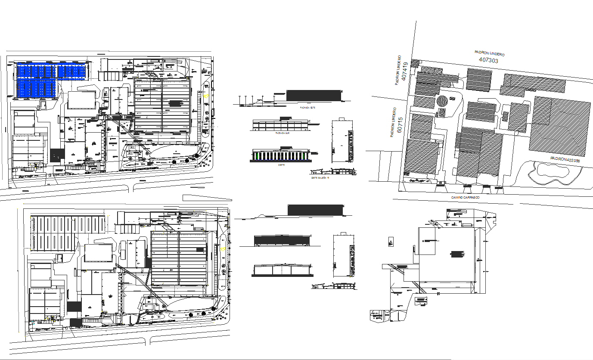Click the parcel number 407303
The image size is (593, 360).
[x=488, y=60]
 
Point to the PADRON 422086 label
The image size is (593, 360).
[x=565, y=159]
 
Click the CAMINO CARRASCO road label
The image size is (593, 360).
[x=465, y=197]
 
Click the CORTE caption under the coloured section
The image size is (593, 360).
[x=281, y=165]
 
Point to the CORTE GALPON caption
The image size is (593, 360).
[x=320, y=177]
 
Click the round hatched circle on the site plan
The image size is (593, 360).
[x=442, y=102]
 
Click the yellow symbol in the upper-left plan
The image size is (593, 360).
[x=206, y=96]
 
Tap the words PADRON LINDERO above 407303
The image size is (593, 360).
[x=489, y=53]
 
